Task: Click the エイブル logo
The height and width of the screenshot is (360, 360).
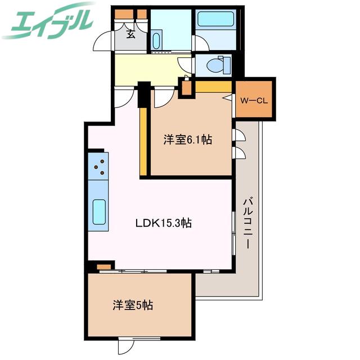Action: (x=48, y=22)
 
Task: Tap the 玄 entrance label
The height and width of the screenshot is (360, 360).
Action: (x=130, y=34)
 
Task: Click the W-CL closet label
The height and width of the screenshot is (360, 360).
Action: (x=254, y=101)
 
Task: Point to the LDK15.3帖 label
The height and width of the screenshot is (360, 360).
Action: (x=164, y=223)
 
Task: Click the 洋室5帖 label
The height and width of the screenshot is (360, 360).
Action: (x=133, y=305)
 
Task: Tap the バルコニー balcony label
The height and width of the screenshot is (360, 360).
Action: (x=248, y=224)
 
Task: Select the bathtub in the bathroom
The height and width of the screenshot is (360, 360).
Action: (x=215, y=19)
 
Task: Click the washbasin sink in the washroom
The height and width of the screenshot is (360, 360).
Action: (x=156, y=41)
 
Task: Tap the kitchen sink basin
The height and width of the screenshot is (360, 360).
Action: (x=99, y=211)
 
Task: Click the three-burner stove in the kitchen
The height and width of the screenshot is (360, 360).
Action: (x=98, y=166)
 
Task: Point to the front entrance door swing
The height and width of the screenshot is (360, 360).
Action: (x=102, y=41)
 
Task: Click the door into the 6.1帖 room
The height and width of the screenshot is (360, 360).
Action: (x=164, y=97)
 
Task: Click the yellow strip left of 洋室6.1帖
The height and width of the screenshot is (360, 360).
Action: (x=143, y=141)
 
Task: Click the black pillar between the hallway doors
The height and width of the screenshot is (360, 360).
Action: (x=144, y=94)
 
